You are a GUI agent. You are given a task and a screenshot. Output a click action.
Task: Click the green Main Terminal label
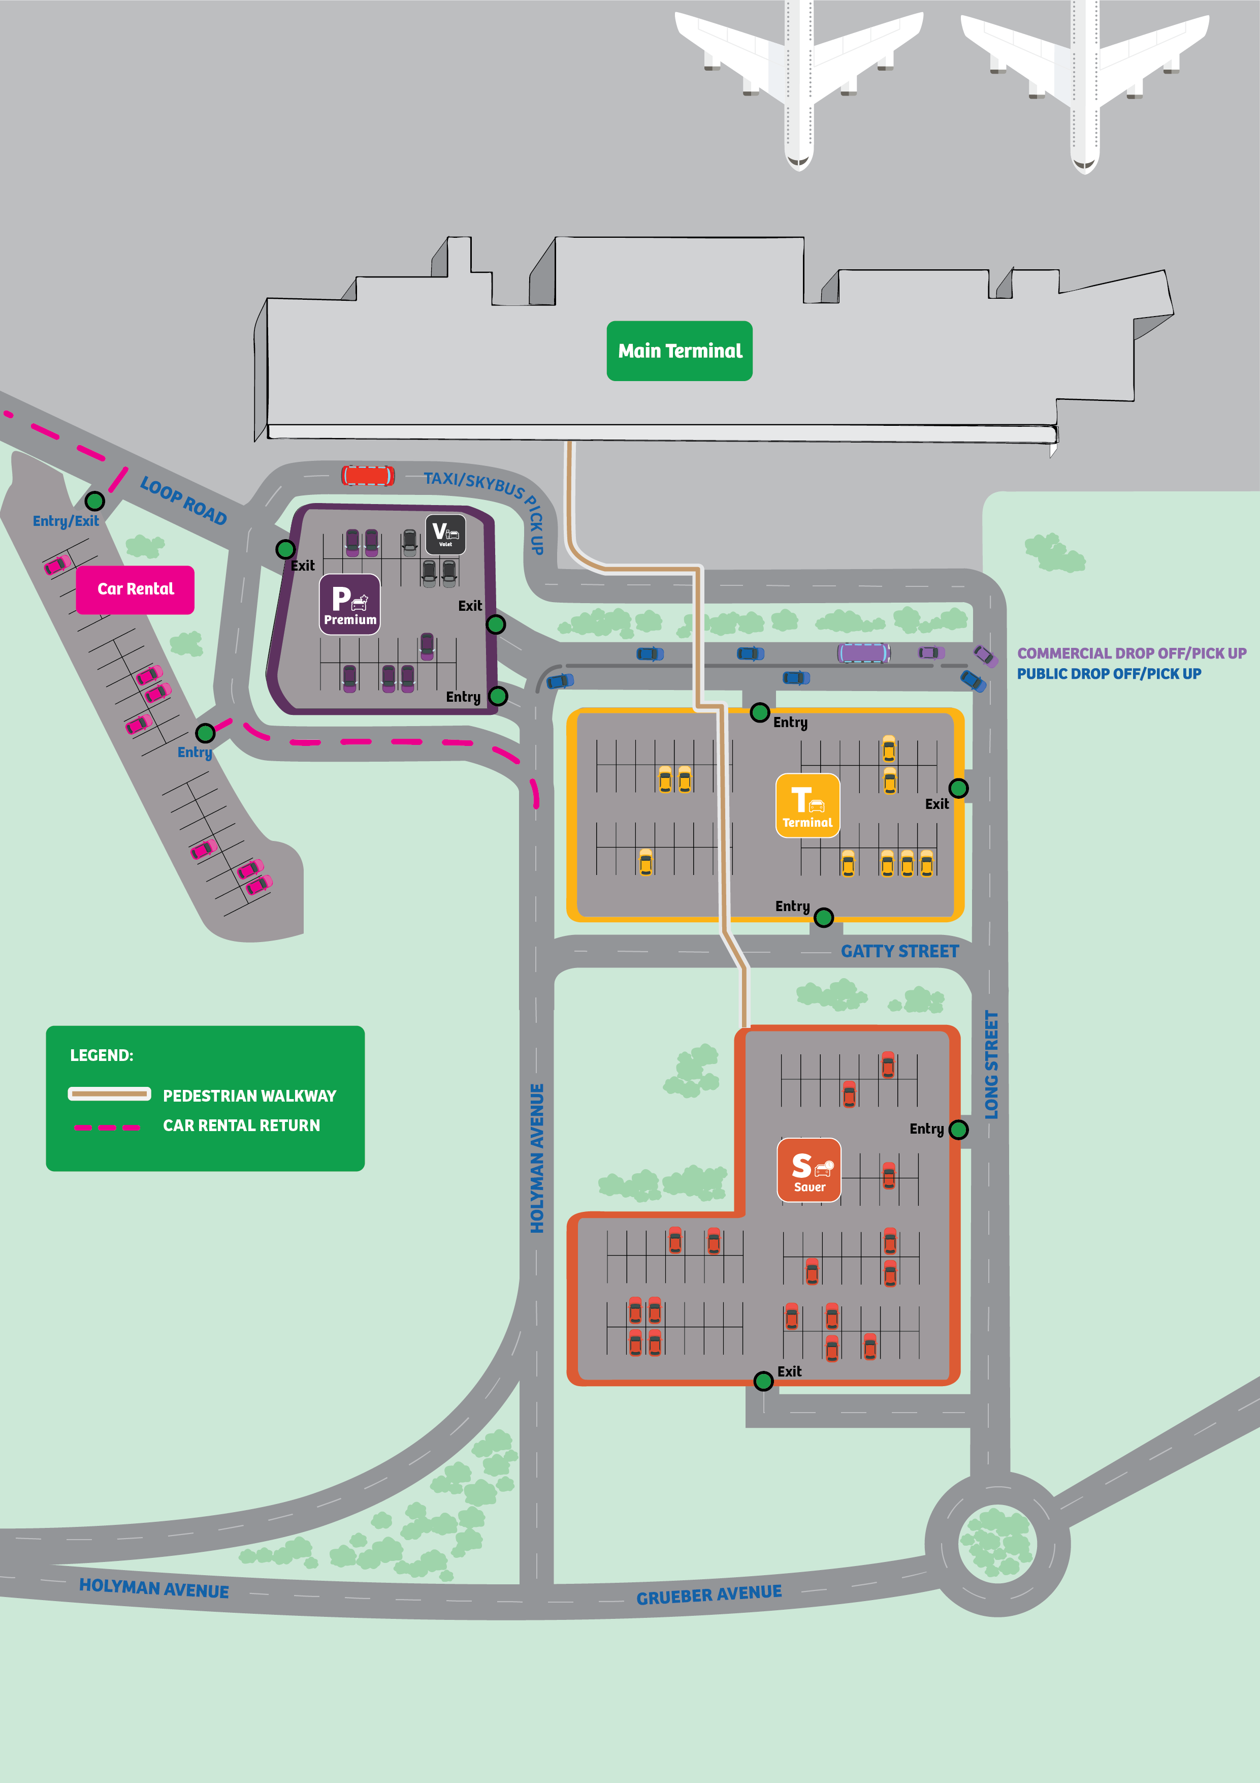click(x=680, y=351)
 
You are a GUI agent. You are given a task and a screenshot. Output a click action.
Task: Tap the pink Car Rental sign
click(x=135, y=589)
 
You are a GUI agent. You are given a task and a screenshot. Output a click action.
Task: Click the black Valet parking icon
click(x=445, y=534)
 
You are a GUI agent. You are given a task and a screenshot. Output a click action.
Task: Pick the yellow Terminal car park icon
click(x=807, y=805)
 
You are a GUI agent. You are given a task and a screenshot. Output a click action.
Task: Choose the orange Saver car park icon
click(x=809, y=1170)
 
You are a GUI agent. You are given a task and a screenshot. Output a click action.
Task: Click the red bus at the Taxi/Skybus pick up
click(x=368, y=475)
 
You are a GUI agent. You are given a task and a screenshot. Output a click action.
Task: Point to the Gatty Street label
click(x=900, y=951)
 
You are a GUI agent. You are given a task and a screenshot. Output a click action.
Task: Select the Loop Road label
click(x=183, y=501)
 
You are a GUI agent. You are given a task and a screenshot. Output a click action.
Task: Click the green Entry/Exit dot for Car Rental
click(x=94, y=501)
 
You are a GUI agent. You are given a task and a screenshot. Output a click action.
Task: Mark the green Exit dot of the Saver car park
click(x=763, y=1381)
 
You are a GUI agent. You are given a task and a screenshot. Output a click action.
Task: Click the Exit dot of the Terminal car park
click(x=959, y=788)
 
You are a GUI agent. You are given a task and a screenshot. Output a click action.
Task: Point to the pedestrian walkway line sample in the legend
click(x=110, y=1094)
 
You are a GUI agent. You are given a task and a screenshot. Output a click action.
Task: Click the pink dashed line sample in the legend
click(x=107, y=1127)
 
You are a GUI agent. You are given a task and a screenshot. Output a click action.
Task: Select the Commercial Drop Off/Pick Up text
click(x=1131, y=653)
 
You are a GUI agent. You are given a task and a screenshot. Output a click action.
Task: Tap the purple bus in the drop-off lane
click(x=863, y=652)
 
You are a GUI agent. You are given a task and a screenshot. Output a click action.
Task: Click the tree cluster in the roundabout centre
click(x=997, y=1542)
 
